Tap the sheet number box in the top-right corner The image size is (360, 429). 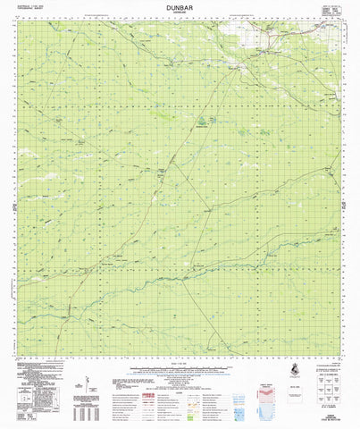(330, 10)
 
